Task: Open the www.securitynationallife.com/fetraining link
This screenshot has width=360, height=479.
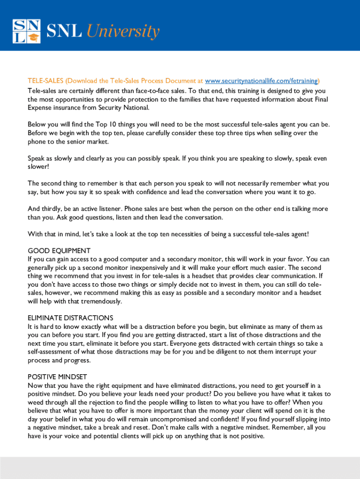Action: (261, 80)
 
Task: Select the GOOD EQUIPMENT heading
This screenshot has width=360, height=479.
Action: (59, 251)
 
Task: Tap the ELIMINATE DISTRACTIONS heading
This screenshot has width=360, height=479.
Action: (70, 318)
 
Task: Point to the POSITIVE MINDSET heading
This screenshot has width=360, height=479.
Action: (58, 377)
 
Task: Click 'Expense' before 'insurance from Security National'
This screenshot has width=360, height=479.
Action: (40, 108)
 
